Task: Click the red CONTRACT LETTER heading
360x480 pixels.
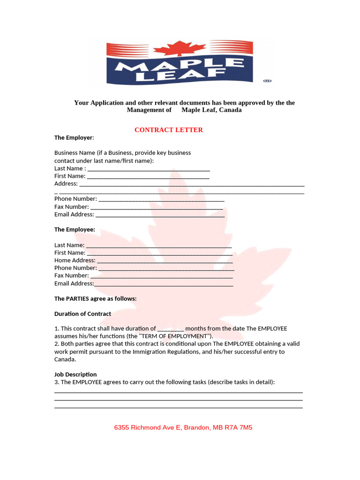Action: tap(169, 130)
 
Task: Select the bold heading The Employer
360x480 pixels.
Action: tap(74, 138)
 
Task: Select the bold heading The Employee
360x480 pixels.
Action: tap(75, 230)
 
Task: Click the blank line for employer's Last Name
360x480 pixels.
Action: tap(149, 169)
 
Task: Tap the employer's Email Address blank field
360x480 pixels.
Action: tap(159, 215)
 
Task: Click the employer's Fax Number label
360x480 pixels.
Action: tap(71, 207)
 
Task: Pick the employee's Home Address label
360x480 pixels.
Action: tap(75, 260)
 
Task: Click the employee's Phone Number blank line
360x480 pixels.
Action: tap(166, 268)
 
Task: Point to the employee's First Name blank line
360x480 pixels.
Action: tap(159, 253)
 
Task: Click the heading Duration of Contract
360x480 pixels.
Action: tap(83, 314)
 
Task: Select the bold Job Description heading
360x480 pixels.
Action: tap(75, 375)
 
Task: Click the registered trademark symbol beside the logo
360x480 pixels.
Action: tap(267, 81)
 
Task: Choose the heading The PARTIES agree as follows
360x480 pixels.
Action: tap(96, 299)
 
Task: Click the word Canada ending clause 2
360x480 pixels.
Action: tap(65, 360)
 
